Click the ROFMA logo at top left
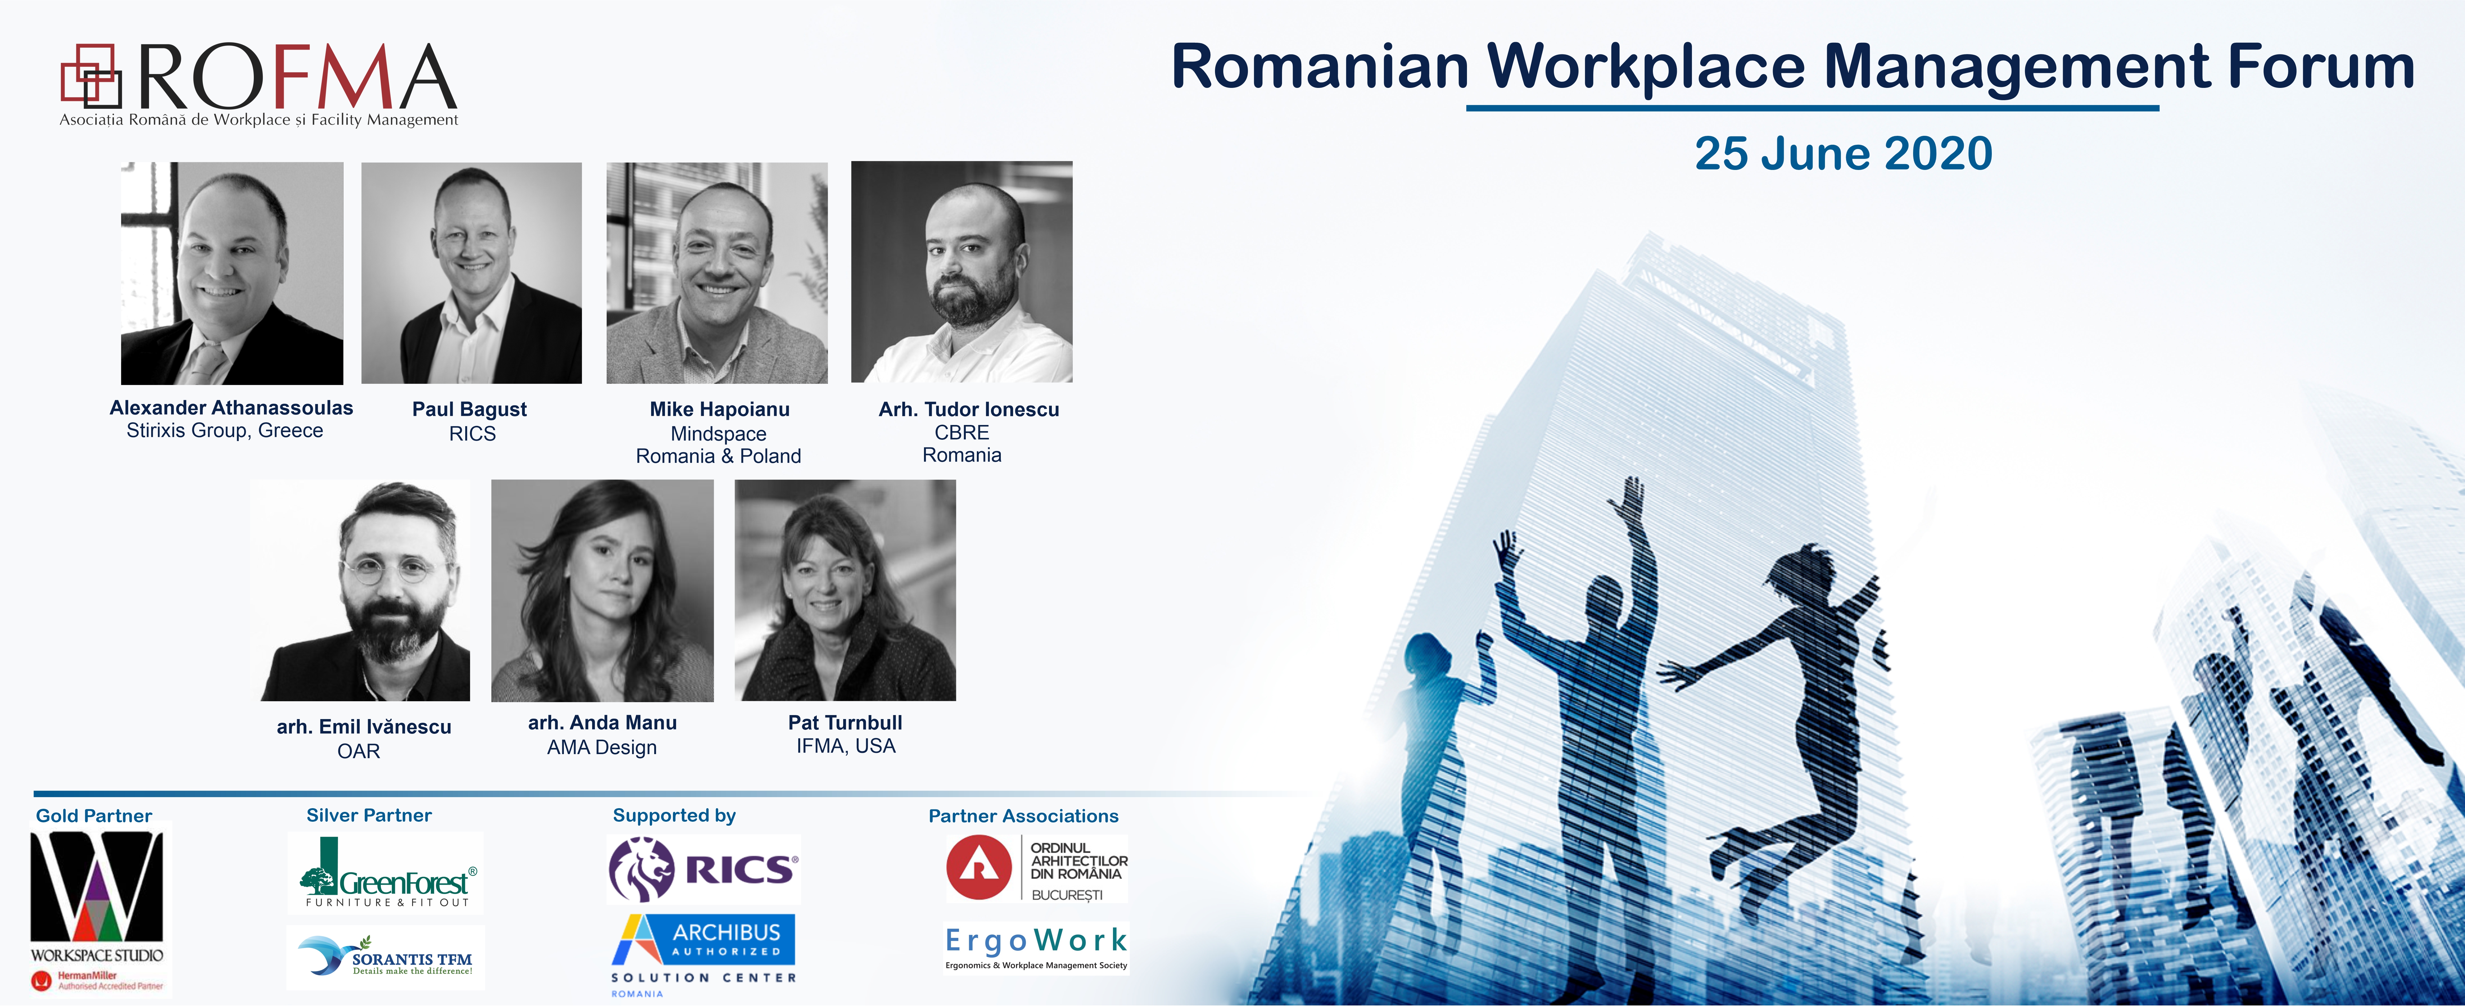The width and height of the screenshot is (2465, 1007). [x=258, y=84]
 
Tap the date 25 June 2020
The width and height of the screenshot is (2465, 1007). [x=1843, y=153]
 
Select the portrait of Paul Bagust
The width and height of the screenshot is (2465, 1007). [x=472, y=273]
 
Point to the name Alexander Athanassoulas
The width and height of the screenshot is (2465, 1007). [x=232, y=408]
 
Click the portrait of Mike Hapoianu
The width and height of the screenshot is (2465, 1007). [x=717, y=273]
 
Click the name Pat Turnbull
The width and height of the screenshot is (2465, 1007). [x=845, y=723]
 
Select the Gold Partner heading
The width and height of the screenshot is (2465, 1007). [x=94, y=816]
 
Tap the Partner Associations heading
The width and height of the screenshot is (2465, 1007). [x=1023, y=816]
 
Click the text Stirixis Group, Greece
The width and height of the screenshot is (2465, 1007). [x=225, y=431]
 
